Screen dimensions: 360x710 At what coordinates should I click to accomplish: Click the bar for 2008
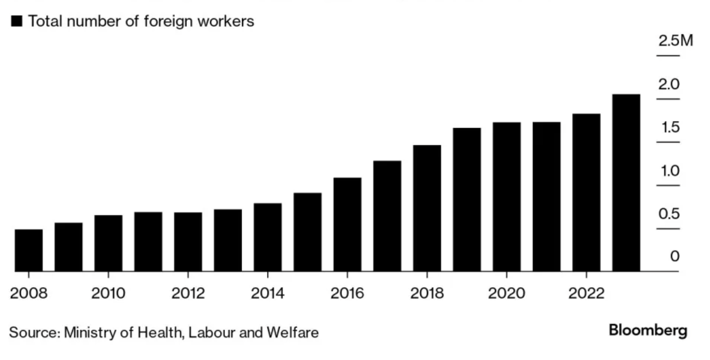29,250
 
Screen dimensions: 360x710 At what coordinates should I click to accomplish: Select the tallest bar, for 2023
626,183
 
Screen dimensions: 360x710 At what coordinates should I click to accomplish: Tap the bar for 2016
347,225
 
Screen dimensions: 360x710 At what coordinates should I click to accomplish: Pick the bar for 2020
507,197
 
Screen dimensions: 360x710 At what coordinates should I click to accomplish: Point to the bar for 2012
188,242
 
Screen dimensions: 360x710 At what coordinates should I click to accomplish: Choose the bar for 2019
467,200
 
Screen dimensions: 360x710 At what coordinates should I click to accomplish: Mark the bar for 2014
268,238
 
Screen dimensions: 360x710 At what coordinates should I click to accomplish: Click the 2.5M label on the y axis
676,41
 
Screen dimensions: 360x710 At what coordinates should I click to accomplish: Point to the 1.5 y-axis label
669,128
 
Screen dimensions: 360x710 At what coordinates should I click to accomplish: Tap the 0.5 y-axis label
669,214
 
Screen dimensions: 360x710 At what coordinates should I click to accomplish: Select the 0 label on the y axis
674,257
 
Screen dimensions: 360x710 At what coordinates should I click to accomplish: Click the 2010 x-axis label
108,293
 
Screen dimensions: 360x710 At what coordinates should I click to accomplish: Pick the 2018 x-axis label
427,293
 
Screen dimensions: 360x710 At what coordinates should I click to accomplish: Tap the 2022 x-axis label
586,293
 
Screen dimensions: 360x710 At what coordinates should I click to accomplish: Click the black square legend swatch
17,21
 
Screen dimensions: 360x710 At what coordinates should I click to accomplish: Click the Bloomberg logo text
648,330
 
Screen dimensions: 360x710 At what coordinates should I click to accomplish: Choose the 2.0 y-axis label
669,85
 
